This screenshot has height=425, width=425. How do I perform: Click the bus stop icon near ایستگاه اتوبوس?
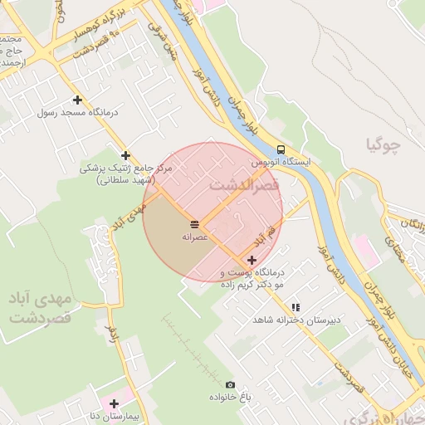pyautogui.click(x=281, y=149)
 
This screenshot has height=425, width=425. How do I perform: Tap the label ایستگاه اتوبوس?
pyautogui.click(x=281, y=162)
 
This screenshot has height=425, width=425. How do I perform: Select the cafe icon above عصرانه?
pyautogui.click(x=194, y=225)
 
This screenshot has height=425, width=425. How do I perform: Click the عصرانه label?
pyautogui.click(x=194, y=237)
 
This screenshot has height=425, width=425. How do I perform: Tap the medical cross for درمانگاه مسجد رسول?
pyautogui.click(x=77, y=99)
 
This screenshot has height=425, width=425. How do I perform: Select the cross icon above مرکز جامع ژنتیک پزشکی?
pyautogui.click(x=126, y=155)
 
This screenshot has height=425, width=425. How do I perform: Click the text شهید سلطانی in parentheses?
pyautogui.click(x=125, y=179)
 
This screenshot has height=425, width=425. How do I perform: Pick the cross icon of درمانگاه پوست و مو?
pyautogui.click(x=252, y=260)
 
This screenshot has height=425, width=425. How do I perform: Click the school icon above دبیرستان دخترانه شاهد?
pyautogui.click(x=296, y=307)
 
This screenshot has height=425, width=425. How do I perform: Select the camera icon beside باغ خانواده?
pyautogui.click(x=230, y=385)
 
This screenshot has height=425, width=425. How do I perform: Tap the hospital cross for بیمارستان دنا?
pyautogui.click(x=115, y=403)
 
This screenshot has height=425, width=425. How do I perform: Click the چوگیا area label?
pyautogui.click(x=383, y=147)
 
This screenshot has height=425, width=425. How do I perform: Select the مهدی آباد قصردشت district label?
pyautogui.click(x=38, y=306)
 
